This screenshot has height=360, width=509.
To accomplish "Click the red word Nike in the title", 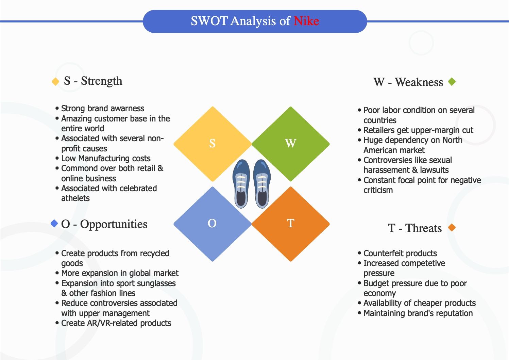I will [x=306, y=21].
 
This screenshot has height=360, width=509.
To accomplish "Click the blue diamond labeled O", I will [x=213, y=224].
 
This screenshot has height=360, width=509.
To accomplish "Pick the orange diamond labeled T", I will [x=290, y=224].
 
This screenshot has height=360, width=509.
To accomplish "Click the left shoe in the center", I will [x=241, y=184].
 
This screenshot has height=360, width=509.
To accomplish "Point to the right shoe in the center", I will [x=262, y=184].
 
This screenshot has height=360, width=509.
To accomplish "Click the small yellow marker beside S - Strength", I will [x=55, y=82].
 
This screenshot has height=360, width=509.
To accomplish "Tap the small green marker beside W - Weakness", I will [x=452, y=82].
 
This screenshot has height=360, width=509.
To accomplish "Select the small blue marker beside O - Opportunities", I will [x=54, y=224].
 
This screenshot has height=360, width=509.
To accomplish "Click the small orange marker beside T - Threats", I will [x=452, y=227].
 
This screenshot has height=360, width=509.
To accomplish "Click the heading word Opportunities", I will [x=114, y=224].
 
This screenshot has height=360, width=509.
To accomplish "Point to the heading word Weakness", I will [x=419, y=82].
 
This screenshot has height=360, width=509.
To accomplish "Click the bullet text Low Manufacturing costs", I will [x=105, y=159].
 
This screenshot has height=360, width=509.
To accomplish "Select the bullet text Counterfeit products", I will [x=400, y=253].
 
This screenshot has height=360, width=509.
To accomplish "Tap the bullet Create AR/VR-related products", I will [x=116, y=323].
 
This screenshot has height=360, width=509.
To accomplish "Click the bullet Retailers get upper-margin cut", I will [x=418, y=130].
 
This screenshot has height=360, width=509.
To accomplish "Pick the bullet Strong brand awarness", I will [x=102, y=109].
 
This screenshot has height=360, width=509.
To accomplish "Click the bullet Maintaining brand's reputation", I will [x=418, y=313].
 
